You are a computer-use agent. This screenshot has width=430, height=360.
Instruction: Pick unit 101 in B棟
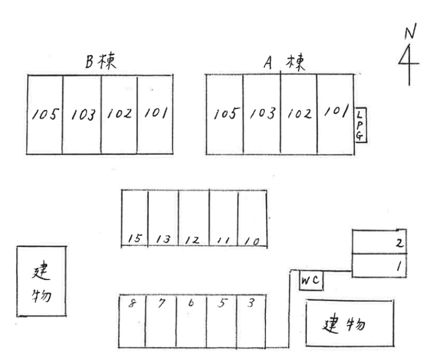[155, 113]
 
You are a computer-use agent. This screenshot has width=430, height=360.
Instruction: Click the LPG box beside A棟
[361, 125]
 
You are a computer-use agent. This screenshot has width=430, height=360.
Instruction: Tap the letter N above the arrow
[410, 33]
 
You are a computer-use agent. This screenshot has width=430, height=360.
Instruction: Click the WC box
[311, 282]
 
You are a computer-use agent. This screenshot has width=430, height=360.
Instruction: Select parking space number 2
[379, 242]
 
